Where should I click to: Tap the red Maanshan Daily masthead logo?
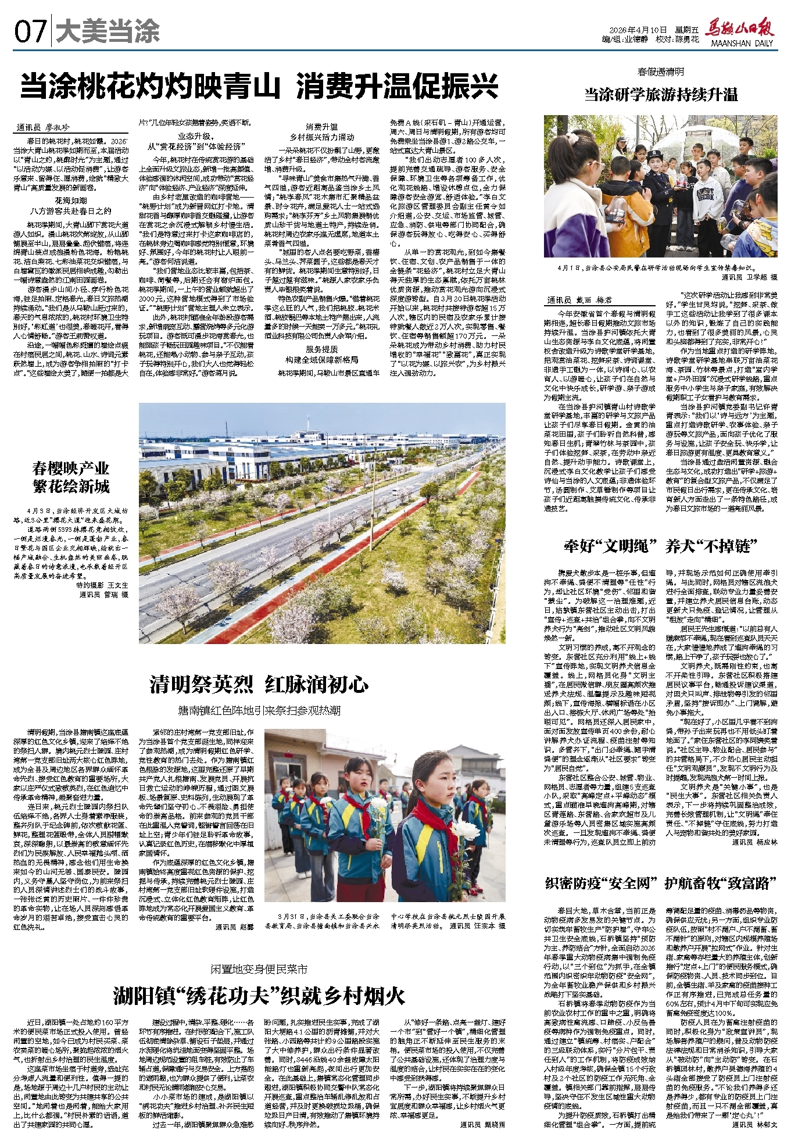739,29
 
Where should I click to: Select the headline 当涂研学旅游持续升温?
661,95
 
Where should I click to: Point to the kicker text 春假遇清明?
661,72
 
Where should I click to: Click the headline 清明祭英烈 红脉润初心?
259,685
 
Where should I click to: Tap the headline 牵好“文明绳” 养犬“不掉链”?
661,546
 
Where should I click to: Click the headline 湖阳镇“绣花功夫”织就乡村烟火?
259,996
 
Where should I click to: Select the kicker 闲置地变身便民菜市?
259,970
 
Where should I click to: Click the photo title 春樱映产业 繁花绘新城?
71,478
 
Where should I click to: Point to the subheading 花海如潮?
70,201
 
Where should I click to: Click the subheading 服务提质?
322,349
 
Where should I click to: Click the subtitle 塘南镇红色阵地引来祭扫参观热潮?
259,711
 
